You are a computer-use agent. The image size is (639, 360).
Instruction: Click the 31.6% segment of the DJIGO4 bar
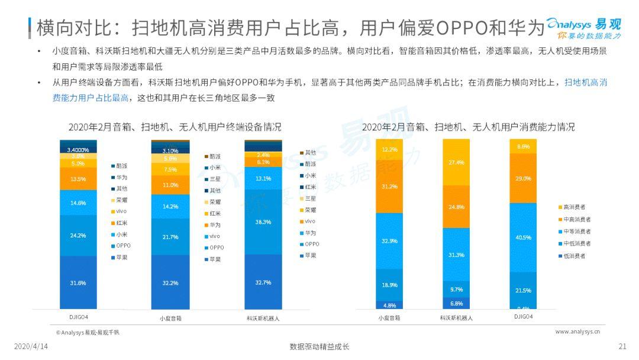pyautogui.click(x=78, y=282)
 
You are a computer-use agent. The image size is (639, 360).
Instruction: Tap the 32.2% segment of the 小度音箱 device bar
pyautogui.click(x=170, y=282)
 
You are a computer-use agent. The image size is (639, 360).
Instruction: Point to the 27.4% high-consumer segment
pyautogui.click(x=456, y=162)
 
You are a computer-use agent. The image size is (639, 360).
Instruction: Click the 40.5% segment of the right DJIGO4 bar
pyautogui.click(x=523, y=237)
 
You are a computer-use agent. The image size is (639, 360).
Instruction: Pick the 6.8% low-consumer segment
pyautogui.click(x=456, y=303)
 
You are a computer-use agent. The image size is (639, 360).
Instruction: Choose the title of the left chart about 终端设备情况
pyautogui.click(x=175, y=127)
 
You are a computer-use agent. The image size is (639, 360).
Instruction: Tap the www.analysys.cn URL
pyautogui.click(x=577, y=332)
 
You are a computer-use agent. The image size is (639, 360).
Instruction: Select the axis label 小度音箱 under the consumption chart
pyautogui.click(x=389, y=318)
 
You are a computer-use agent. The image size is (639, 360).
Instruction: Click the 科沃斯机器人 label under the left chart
pyautogui.click(x=263, y=318)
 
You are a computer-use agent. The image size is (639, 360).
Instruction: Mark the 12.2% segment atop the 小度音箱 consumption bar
pyautogui.click(x=389, y=149)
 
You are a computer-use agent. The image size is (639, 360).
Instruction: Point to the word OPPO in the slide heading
pyautogui.click(x=459, y=27)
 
